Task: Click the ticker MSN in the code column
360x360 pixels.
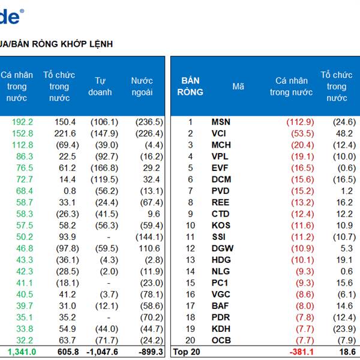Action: click(x=221, y=122)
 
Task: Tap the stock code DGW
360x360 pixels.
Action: click(x=222, y=248)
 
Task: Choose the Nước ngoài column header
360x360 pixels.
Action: click(x=142, y=86)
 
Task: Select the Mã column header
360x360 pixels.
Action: click(x=238, y=86)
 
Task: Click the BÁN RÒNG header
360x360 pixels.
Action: click(x=191, y=86)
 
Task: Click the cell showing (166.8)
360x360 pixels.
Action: click(x=104, y=168)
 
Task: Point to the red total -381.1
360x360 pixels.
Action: click(x=301, y=352)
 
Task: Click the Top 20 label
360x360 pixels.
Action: click(x=186, y=352)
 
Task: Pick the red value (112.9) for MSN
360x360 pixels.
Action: click(x=300, y=122)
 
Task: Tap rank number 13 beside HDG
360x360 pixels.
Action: click(x=190, y=260)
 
